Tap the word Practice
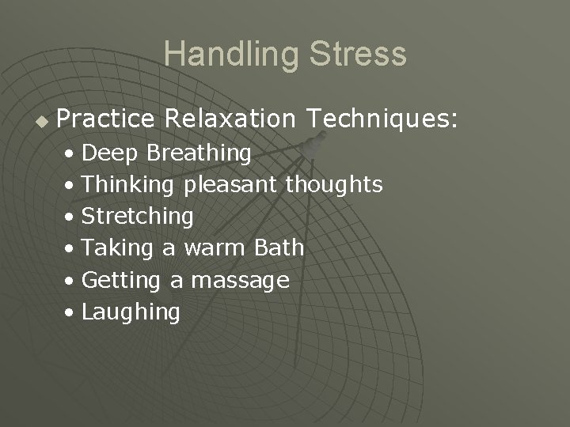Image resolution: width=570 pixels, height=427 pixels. point(106,119)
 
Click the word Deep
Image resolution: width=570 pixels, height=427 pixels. point(111,153)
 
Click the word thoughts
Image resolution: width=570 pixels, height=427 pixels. point(334,185)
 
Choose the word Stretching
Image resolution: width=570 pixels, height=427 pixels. point(137,217)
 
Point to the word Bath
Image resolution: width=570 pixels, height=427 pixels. point(279,248)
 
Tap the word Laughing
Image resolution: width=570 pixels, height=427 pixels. point(131,312)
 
